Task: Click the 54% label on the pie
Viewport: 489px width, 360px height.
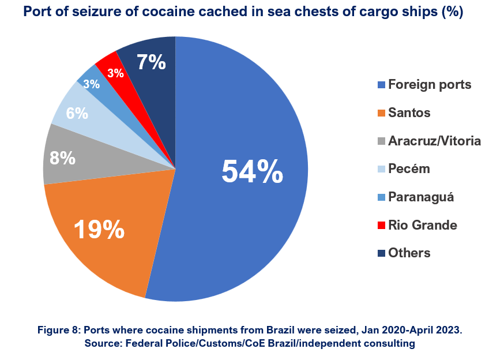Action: pyautogui.click(x=252, y=171)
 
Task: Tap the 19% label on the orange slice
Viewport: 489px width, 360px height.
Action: pyautogui.click(x=99, y=229)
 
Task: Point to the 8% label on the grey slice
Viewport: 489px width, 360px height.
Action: pyautogui.click(x=62, y=157)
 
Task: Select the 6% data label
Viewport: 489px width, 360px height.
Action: pyautogui.click(x=77, y=113)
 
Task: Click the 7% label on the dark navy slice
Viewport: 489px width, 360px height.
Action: pyautogui.click(x=151, y=62)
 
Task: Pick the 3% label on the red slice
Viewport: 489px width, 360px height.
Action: pyautogui.click(x=115, y=73)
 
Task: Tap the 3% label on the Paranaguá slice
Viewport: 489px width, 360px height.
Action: pyautogui.click(x=92, y=84)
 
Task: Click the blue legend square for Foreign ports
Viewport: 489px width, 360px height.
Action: pyautogui.click(x=381, y=85)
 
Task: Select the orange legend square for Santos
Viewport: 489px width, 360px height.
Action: pyautogui.click(x=381, y=113)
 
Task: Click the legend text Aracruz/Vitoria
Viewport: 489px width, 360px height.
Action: pyautogui.click(x=434, y=141)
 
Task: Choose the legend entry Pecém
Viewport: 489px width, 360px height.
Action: pyautogui.click(x=409, y=169)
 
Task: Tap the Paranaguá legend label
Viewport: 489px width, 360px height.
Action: pyautogui.click(x=421, y=197)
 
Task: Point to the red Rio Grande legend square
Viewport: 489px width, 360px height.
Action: pyautogui.click(x=381, y=225)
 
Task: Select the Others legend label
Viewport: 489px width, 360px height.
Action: pyautogui.click(x=409, y=253)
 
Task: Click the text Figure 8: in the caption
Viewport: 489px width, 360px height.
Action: pyautogui.click(x=59, y=330)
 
